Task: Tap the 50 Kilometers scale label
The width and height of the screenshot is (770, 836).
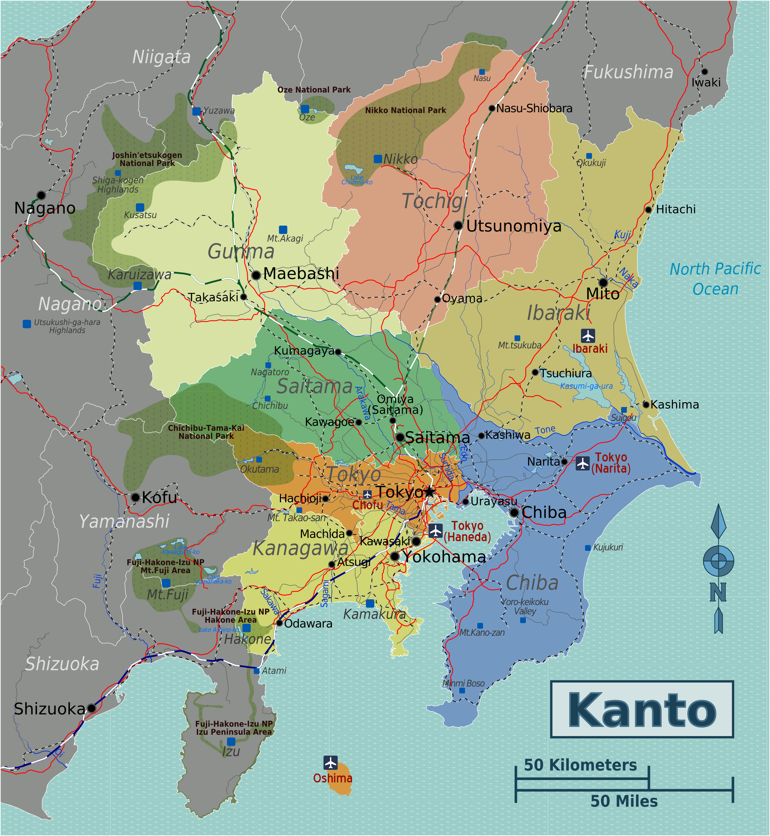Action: pyautogui.click(x=580, y=765)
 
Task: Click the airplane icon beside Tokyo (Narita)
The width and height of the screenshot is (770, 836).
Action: pyautogui.click(x=583, y=463)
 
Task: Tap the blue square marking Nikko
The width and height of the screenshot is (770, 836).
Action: pyautogui.click(x=378, y=159)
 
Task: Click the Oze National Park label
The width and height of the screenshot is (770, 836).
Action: pyautogui.click(x=314, y=90)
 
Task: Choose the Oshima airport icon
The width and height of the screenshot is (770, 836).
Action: pyautogui.click(x=330, y=763)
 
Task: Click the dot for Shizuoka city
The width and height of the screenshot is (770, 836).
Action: pyautogui.click(x=92, y=708)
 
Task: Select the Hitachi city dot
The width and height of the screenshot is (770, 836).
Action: pyautogui.click(x=648, y=210)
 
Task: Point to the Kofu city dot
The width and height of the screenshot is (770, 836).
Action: pyautogui.click(x=136, y=497)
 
